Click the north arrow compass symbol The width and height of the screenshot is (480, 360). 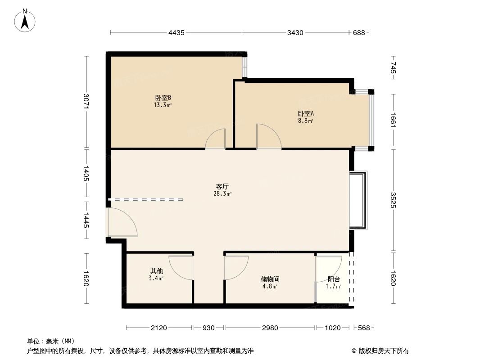(x=26, y=20)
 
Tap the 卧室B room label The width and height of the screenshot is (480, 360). (x=163, y=98)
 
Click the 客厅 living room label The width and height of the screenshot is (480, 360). (x=222, y=186)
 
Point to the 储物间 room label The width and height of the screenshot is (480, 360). (x=270, y=279)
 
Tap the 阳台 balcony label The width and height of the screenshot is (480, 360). (x=333, y=279)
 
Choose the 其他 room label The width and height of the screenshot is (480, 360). (x=156, y=271)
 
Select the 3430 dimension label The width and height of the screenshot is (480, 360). (x=295, y=32)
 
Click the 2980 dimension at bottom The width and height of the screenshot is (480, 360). (x=270, y=328)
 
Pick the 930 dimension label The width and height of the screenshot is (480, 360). (x=208, y=328)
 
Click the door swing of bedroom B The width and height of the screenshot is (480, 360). (x=216, y=139)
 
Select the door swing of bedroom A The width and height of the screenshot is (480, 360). (x=267, y=137)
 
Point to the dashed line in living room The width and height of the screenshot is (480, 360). (x=146, y=199)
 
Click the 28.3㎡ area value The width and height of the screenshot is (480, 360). (x=222, y=194)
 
